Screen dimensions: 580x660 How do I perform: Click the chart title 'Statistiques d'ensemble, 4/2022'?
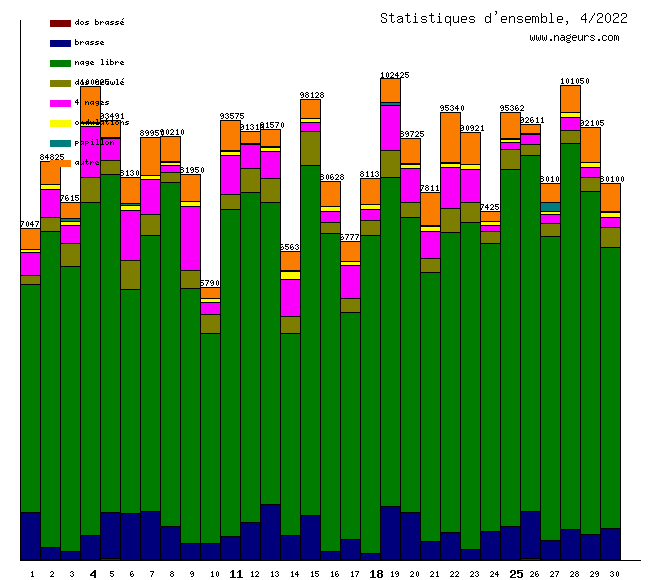504,18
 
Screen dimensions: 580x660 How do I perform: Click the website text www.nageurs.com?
574,38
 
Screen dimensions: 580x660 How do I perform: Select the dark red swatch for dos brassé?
60,22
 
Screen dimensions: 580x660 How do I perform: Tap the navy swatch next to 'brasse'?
60,43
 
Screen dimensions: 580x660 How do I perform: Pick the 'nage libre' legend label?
99,62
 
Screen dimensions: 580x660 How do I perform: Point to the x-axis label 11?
236,574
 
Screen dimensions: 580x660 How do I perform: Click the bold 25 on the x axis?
516,574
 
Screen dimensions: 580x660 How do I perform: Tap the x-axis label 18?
376,574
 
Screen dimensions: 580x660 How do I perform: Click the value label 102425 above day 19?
395,75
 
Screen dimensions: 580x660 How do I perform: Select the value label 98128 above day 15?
311,95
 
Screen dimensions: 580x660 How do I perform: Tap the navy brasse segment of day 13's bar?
270,531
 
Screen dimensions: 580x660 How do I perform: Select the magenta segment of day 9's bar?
190,238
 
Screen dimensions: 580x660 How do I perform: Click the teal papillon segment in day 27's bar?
550,207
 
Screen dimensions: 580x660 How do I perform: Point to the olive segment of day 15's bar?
310,148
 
